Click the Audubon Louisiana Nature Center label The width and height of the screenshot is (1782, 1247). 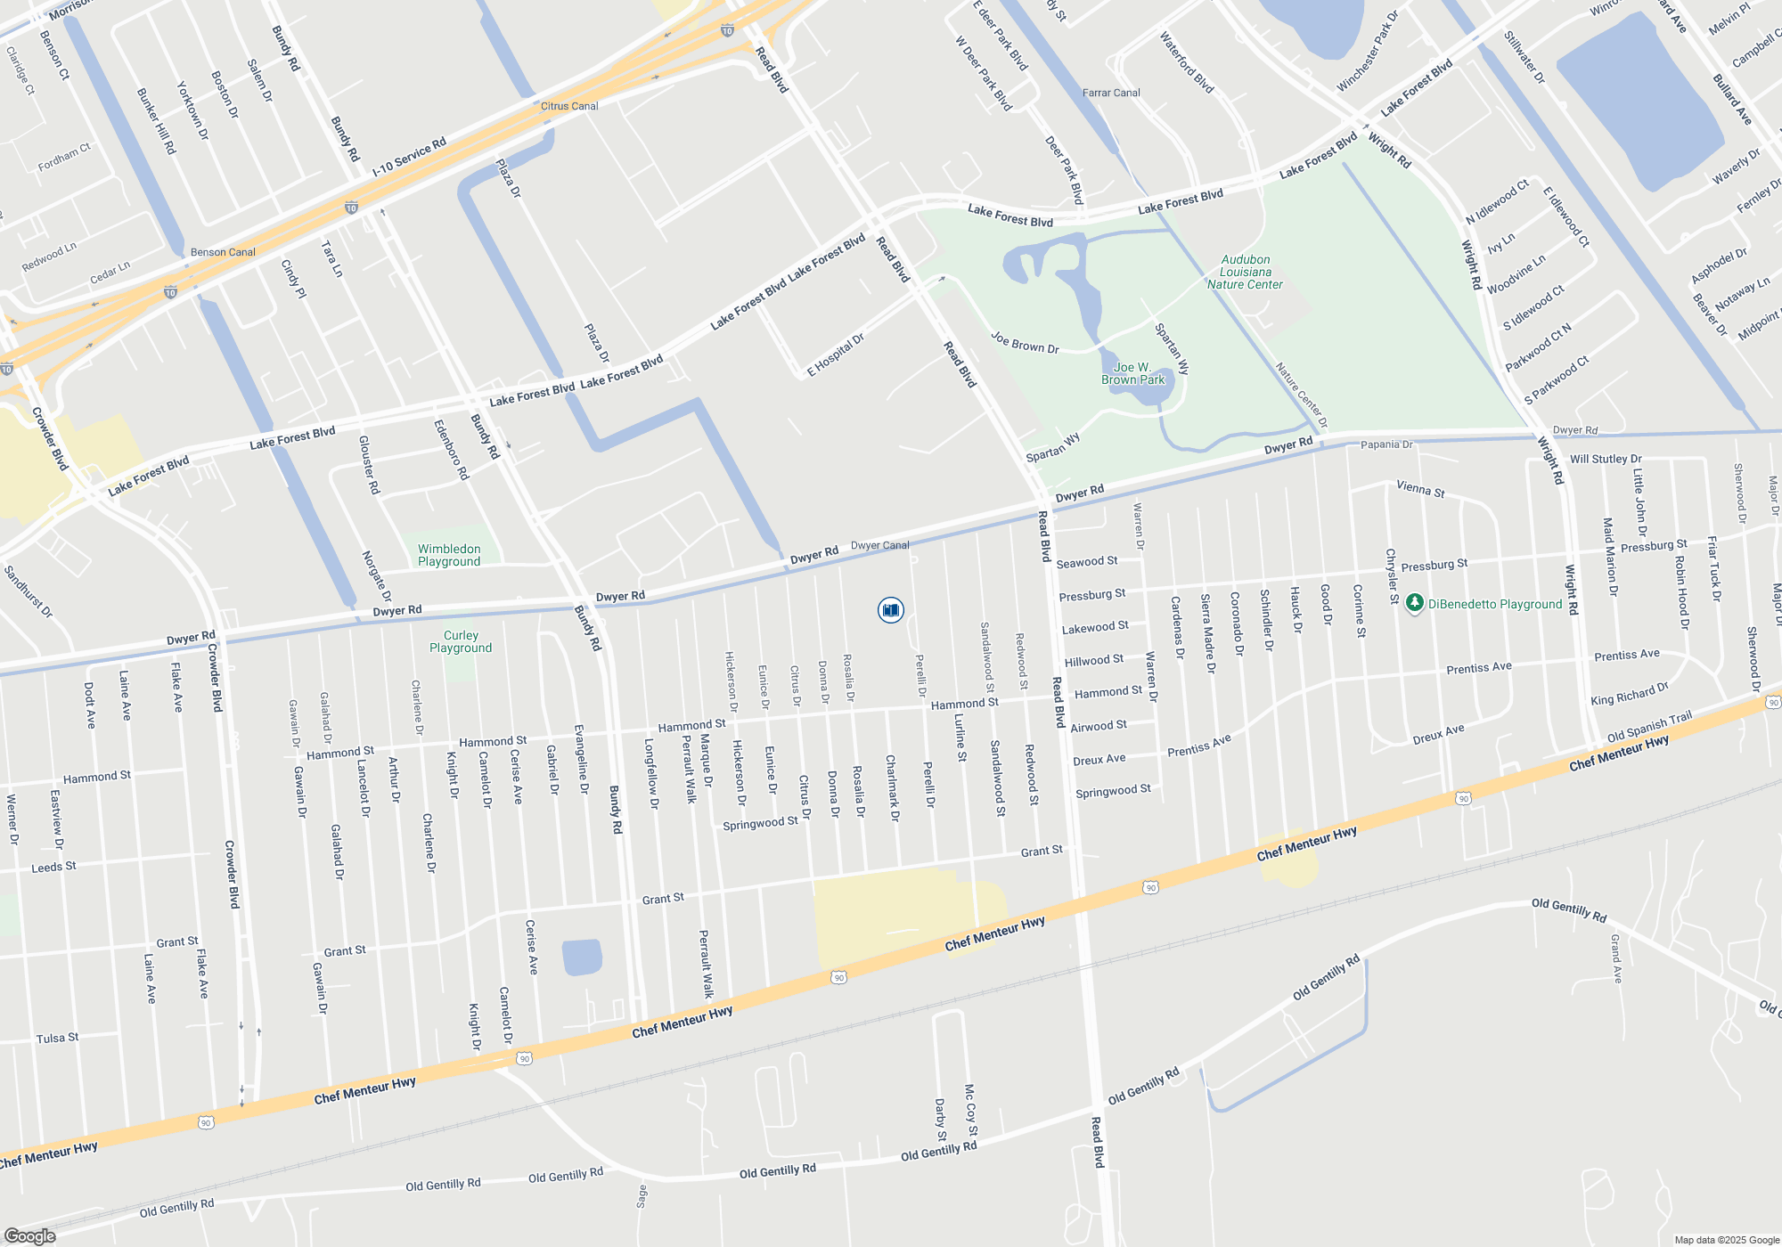pyautogui.click(x=1245, y=272)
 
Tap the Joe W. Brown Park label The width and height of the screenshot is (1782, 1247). pyautogui.click(x=1132, y=373)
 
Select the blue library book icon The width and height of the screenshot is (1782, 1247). pyautogui.click(x=890, y=610)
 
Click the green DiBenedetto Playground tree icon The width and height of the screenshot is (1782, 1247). pyautogui.click(x=1414, y=604)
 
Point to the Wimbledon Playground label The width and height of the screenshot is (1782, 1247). pyautogui.click(x=449, y=555)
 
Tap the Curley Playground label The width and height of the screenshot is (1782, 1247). pyautogui.click(x=461, y=641)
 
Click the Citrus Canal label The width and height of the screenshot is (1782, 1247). pyautogui.click(x=569, y=106)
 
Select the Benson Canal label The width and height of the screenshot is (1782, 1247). pyautogui.click(x=223, y=252)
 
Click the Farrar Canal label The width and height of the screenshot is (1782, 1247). pyautogui.click(x=1111, y=93)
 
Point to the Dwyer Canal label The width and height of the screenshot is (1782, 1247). pyautogui.click(x=880, y=545)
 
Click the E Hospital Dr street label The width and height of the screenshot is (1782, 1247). pyautogui.click(x=836, y=355)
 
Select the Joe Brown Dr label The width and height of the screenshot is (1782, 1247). pyautogui.click(x=1025, y=343)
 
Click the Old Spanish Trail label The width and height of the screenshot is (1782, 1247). pyautogui.click(x=1649, y=727)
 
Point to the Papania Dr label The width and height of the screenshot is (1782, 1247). pyautogui.click(x=1386, y=444)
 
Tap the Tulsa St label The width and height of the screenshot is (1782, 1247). pyautogui.click(x=57, y=1039)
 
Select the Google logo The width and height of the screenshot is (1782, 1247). pyautogui.click(x=29, y=1235)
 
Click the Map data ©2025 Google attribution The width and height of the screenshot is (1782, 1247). pyautogui.click(x=1727, y=1240)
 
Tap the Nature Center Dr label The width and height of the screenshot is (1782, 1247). pyautogui.click(x=1301, y=395)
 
